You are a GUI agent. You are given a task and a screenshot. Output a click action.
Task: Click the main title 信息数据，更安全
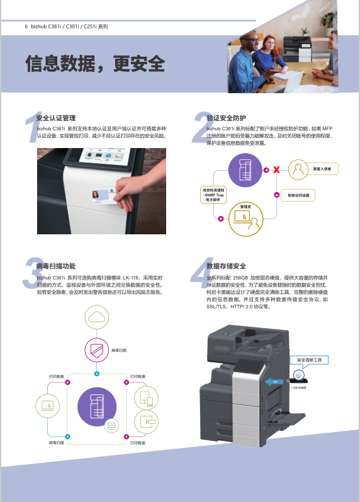tap(94, 64)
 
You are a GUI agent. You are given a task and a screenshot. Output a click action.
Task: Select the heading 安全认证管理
tap(56, 118)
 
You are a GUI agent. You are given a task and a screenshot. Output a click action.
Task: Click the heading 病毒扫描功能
tap(56, 266)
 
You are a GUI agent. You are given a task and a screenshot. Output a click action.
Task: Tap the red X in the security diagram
tap(275, 169)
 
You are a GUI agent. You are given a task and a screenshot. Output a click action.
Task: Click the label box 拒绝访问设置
tap(298, 195)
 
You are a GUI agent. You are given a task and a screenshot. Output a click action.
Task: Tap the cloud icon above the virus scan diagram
tap(96, 317)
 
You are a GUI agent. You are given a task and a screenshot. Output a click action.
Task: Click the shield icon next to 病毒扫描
tap(96, 350)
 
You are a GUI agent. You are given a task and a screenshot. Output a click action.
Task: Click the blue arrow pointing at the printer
tap(271, 382)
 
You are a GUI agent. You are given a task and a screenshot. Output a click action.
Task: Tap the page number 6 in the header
tap(26, 26)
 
